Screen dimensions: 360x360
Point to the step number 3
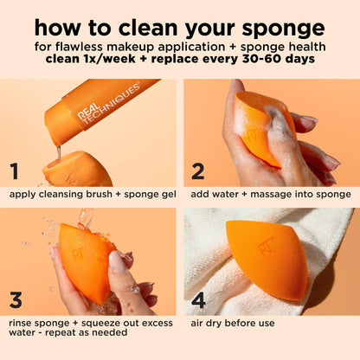tap(15, 300)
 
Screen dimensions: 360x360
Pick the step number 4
tap(197, 300)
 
